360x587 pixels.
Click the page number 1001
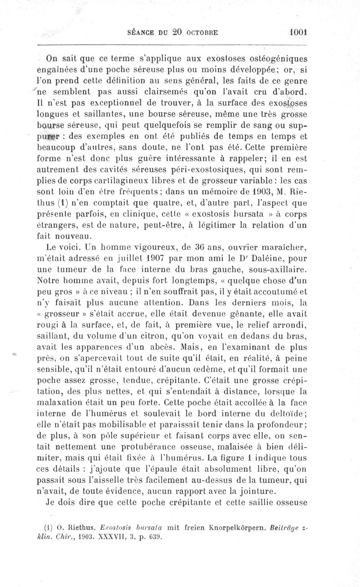coord(298,32)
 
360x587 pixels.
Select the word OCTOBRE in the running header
coord(201,33)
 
